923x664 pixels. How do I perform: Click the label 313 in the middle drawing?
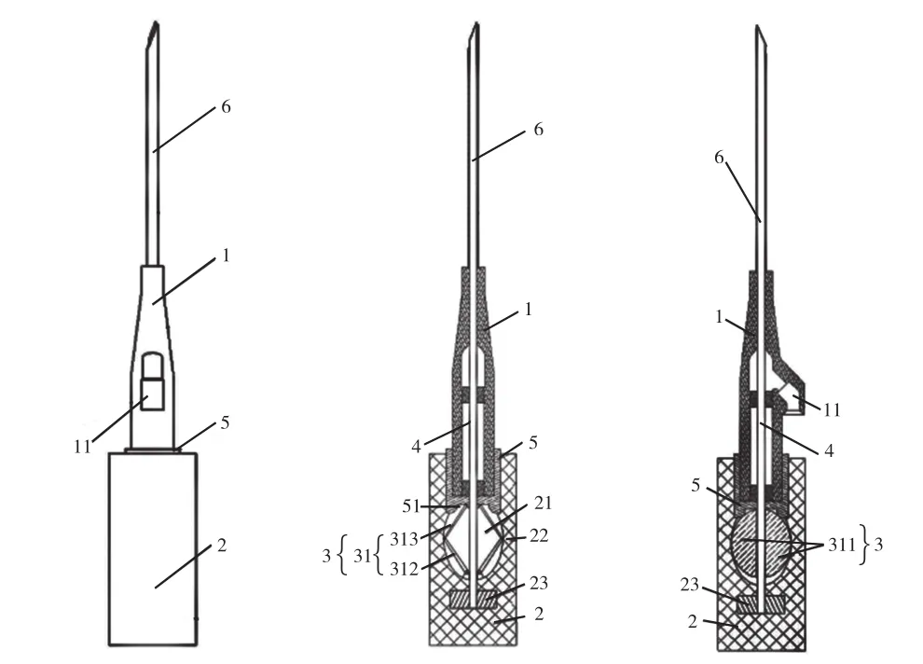[x=404, y=539]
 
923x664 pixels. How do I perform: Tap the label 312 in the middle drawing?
[x=404, y=569]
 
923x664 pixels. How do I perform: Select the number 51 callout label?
[x=411, y=506]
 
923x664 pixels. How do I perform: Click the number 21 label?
[x=544, y=504]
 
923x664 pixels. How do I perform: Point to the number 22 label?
[x=539, y=535]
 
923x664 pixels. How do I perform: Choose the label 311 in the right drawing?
[x=842, y=545]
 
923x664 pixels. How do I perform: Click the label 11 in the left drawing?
[x=82, y=447]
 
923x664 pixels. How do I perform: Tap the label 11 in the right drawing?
[x=832, y=409]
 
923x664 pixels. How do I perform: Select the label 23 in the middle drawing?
[x=539, y=583]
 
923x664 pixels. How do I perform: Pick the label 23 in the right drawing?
[x=689, y=585]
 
